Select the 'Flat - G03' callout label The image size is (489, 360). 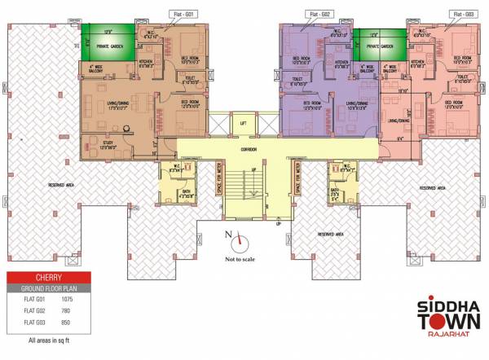pyautogui.click(x=463, y=14)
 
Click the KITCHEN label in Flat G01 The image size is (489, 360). pyautogui.click(x=147, y=61)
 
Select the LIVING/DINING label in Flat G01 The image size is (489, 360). pyautogui.click(x=114, y=103)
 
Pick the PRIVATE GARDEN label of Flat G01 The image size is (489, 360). pyautogui.click(x=108, y=47)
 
